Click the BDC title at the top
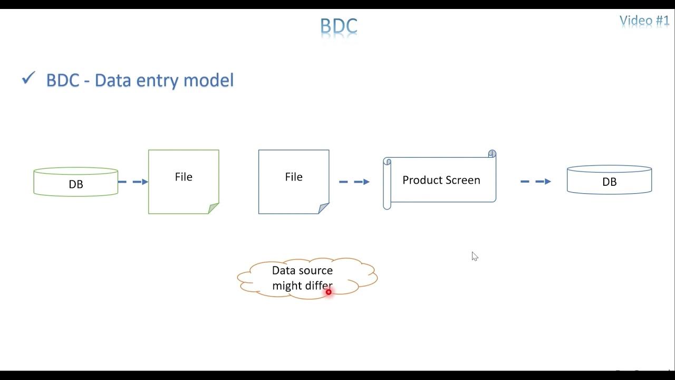click(339, 25)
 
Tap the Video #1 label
click(644, 21)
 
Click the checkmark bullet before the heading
click(28, 79)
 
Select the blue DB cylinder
click(609, 180)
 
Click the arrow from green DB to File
click(133, 182)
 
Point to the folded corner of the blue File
click(324, 208)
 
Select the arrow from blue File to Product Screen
click(354, 182)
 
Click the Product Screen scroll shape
click(441, 180)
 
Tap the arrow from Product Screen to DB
click(535, 182)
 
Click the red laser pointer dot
click(329, 292)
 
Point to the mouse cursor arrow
click(474, 256)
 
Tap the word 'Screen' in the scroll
click(462, 180)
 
